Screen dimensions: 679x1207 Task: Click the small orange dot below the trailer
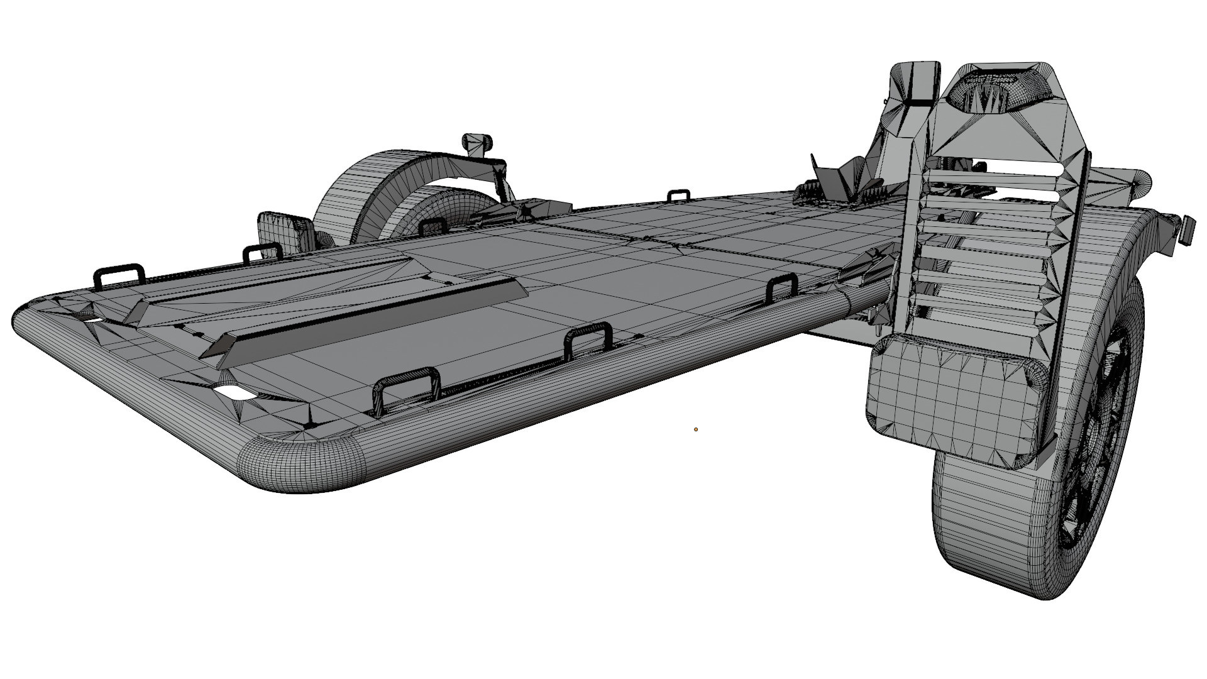696,429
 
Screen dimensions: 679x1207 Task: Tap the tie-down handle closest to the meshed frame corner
406,390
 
